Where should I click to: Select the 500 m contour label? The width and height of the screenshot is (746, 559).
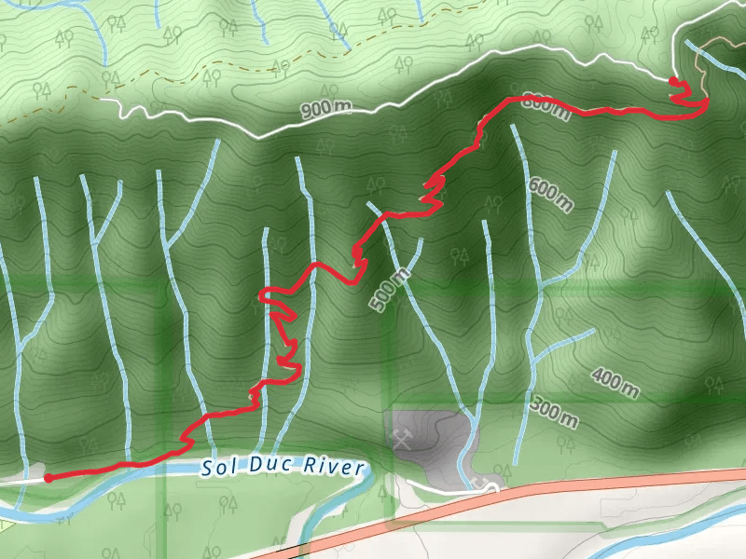tap(389, 290)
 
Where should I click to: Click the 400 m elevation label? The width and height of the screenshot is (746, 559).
tap(615, 382)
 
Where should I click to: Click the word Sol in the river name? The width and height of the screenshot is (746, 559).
tap(215, 469)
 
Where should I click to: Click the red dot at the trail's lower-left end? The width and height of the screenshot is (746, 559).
tap(48, 478)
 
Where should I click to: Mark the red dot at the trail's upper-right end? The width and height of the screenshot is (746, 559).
tap(673, 82)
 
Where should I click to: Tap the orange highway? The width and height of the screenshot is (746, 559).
tap(559, 491)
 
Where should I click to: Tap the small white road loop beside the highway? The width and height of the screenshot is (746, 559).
tap(484, 484)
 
